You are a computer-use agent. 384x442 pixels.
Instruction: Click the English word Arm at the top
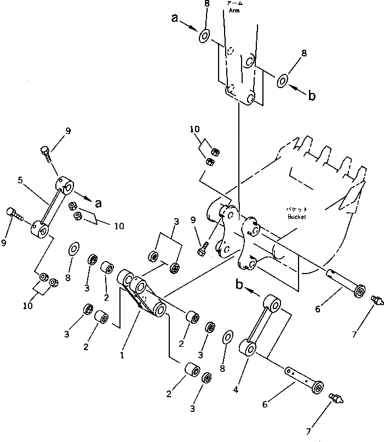[234, 9]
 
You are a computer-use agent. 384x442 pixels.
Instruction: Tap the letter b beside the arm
[312, 96]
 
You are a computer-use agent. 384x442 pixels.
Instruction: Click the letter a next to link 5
[98, 203]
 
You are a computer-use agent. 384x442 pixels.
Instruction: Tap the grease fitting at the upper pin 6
[376, 300]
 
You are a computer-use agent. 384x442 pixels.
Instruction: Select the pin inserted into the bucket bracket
[345, 283]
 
